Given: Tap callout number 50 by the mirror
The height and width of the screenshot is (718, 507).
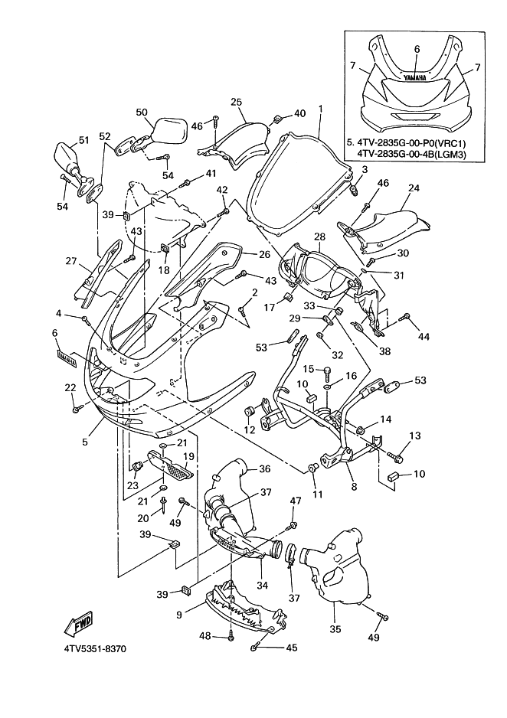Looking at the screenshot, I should (x=142, y=113).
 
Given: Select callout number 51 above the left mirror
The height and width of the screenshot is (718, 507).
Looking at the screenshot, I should (x=83, y=140).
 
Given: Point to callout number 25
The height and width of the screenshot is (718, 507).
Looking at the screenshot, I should (x=236, y=102).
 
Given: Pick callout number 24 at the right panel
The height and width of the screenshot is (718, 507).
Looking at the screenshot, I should (x=414, y=188).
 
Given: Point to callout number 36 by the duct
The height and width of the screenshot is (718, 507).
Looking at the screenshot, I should (x=263, y=469).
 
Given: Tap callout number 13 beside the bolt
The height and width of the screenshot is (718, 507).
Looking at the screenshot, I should (x=414, y=436).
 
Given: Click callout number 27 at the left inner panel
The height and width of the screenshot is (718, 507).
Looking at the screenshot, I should (x=71, y=261).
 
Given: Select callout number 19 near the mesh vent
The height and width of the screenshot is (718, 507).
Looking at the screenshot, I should (x=187, y=455).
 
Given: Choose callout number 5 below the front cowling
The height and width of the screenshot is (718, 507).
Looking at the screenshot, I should (x=86, y=442).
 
